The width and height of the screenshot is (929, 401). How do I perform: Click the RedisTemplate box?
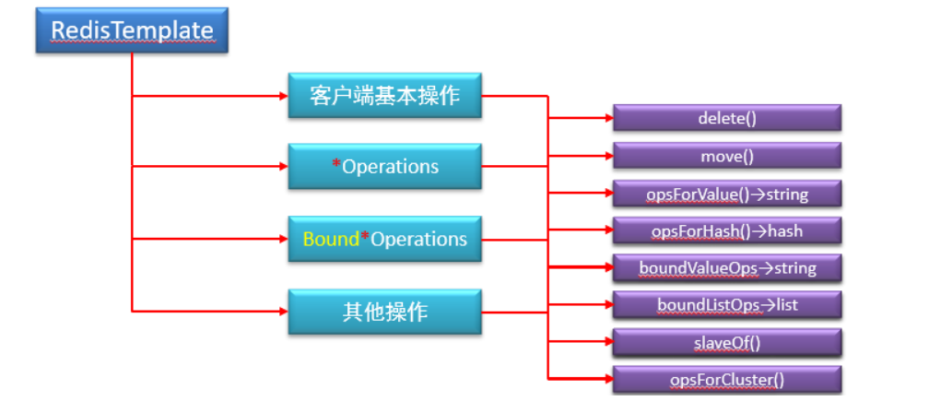point(132,29)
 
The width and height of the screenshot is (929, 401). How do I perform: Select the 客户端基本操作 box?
point(384,95)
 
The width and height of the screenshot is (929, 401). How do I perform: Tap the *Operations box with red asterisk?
point(384,167)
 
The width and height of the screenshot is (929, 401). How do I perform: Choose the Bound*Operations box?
point(384,239)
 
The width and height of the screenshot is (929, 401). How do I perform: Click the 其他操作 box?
point(384,312)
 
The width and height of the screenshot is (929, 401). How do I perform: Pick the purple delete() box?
point(727,118)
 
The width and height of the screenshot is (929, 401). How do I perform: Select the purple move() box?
point(727,156)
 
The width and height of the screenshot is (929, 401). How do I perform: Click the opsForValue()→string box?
point(727,194)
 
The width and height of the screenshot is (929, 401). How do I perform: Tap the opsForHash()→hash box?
point(727,230)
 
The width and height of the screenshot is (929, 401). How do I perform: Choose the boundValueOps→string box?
point(727,268)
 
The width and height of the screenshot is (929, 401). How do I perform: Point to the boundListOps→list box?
point(727,305)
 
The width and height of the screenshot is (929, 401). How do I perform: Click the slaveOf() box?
point(727,343)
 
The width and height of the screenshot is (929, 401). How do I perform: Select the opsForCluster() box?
point(727,380)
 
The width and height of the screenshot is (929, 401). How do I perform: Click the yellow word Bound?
point(330,239)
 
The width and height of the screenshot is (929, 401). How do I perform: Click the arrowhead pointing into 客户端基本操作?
point(282,95)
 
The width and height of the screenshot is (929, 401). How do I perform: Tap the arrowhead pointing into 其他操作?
point(282,311)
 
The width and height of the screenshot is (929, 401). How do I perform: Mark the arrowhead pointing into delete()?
point(607,118)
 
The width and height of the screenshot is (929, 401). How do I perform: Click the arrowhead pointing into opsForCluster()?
point(607,378)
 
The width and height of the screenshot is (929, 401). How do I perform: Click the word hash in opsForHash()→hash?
point(785,230)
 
